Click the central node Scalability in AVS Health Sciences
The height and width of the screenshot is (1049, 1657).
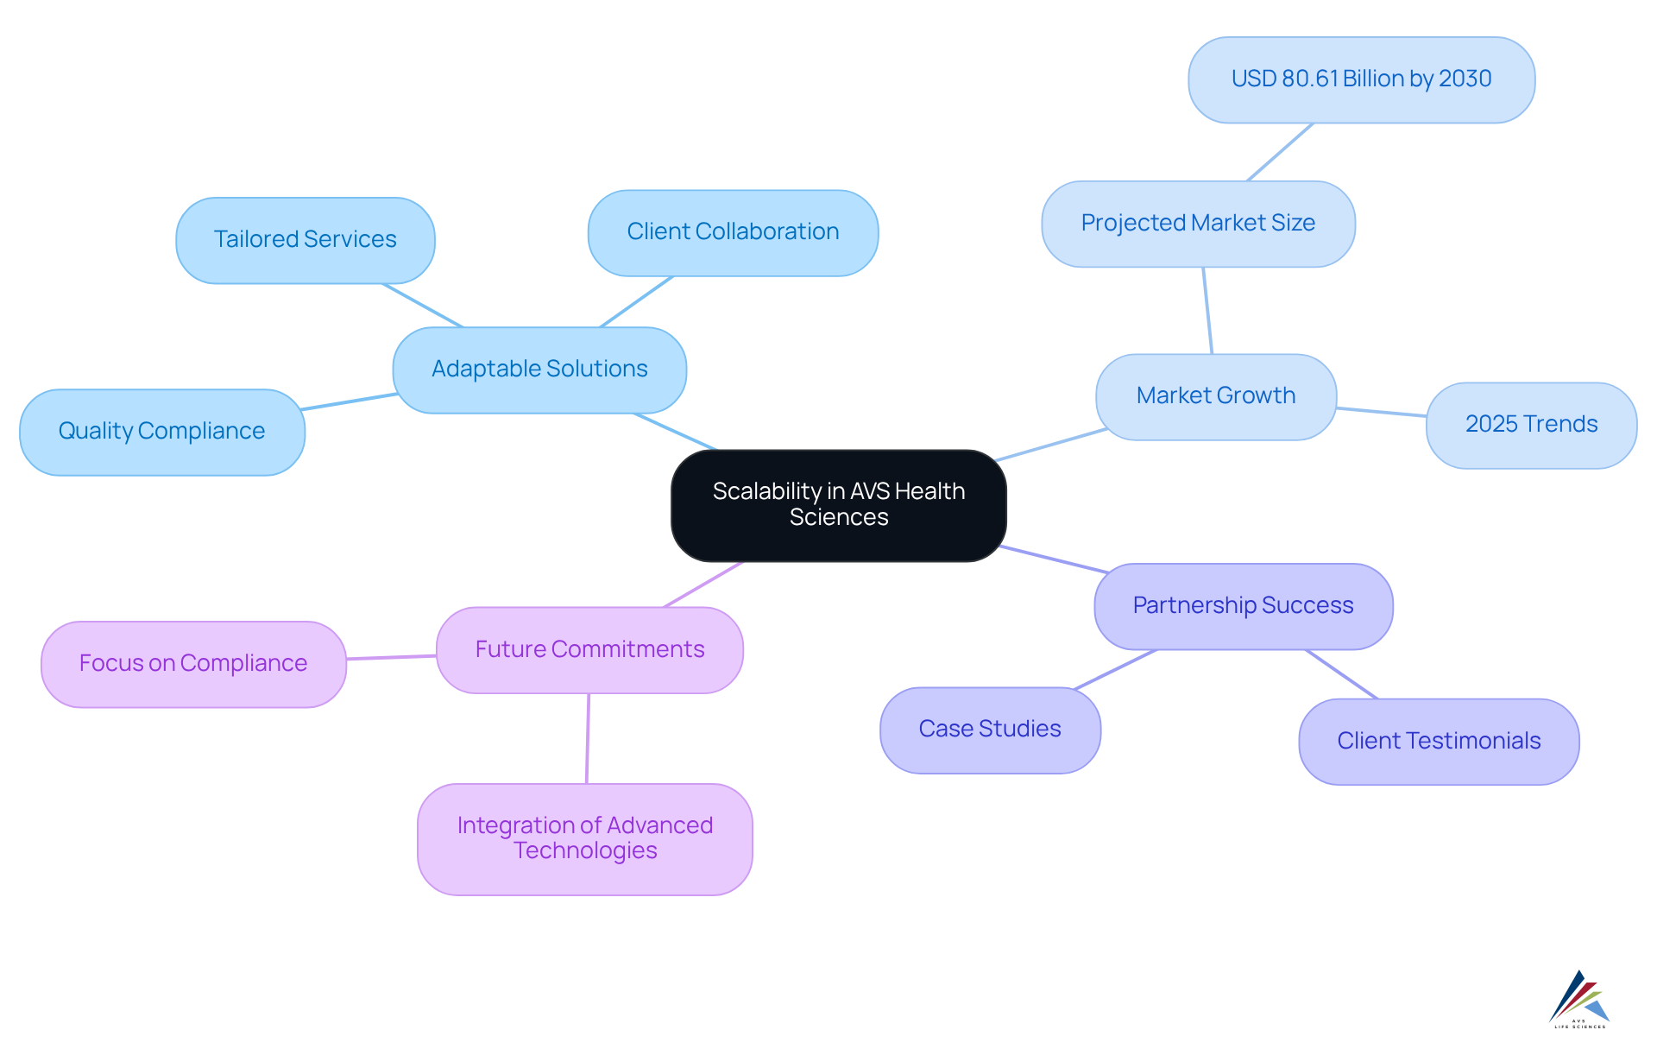(x=838, y=505)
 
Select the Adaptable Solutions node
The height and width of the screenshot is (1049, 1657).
(x=539, y=370)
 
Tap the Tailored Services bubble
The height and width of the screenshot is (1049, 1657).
(x=305, y=240)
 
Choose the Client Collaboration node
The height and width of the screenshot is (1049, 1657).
(x=733, y=232)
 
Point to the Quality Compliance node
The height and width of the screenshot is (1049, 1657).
(x=161, y=432)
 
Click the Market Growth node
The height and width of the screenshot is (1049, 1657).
(x=1215, y=396)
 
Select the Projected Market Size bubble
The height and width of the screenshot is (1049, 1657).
(x=1198, y=224)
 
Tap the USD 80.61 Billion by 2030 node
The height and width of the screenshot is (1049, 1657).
(x=1361, y=79)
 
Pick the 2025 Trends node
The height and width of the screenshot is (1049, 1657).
(x=1531, y=425)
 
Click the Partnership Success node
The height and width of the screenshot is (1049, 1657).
(x=1243, y=606)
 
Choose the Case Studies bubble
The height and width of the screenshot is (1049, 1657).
(x=990, y=730)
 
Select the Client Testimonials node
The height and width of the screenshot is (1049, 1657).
(x=1439, y=742)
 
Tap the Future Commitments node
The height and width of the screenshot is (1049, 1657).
(x=589, y=650)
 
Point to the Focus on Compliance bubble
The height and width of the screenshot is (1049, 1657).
(x=193, y=664)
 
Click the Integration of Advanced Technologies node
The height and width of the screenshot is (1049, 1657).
(x=584, y=838)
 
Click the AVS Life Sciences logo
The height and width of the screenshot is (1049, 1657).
(x=1579, y=1000)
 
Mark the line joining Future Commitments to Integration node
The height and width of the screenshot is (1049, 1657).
(x=588, y=738)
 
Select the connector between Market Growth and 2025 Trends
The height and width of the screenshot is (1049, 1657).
(x=1381, y=412)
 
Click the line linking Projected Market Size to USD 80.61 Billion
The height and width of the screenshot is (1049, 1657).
(x=1280, y=152)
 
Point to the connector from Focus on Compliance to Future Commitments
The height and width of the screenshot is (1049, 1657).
(x=391, y=658)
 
